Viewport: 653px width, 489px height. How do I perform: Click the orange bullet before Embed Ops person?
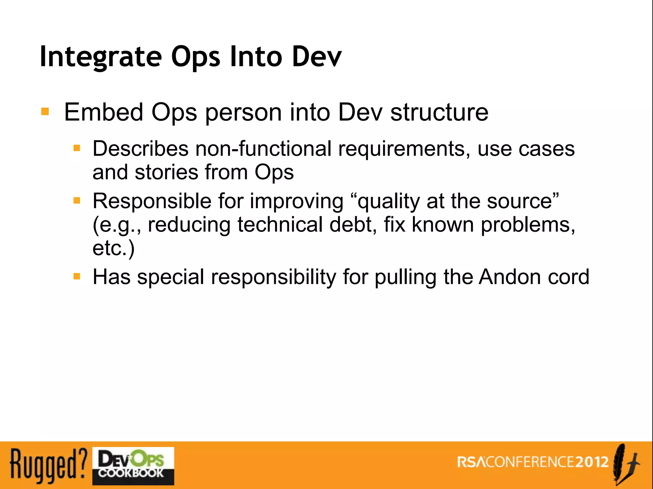coord(45,112)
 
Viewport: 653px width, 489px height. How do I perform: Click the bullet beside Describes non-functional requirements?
coord(77,148)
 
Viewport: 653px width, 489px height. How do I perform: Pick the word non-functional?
coord(263,149)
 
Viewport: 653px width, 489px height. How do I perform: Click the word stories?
coord(166,172)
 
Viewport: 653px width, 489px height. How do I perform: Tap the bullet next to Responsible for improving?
coord(77,200)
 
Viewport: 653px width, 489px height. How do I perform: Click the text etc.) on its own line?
coord(114,248)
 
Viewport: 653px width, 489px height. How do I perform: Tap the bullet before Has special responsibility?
coord(77,276)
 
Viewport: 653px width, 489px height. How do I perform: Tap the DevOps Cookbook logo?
coord(133,466)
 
